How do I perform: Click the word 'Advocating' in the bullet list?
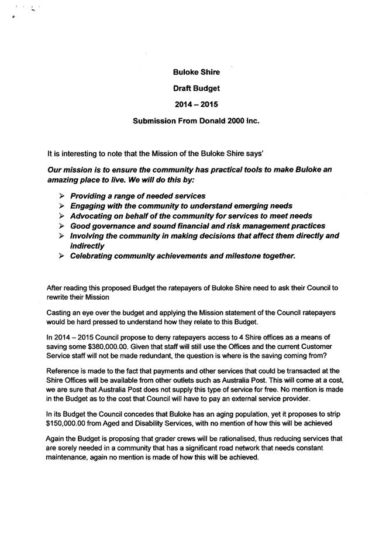[95, 216]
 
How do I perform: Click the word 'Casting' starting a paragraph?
[60, 313]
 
